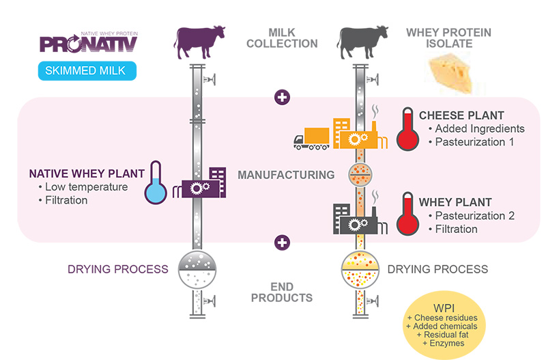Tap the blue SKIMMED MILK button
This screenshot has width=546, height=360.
tap(87, 70)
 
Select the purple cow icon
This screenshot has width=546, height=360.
tap(199, 42)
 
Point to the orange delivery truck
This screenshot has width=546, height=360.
tap(312, 138)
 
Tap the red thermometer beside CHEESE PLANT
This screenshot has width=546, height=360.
tap(408, 128)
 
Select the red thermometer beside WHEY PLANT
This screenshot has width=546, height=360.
tap(408, 212)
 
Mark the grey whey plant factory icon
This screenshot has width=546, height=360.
tap(355, 219)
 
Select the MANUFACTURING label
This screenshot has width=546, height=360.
tap(286, 175)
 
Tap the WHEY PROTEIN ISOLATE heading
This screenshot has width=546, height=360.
tap(448, 38)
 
